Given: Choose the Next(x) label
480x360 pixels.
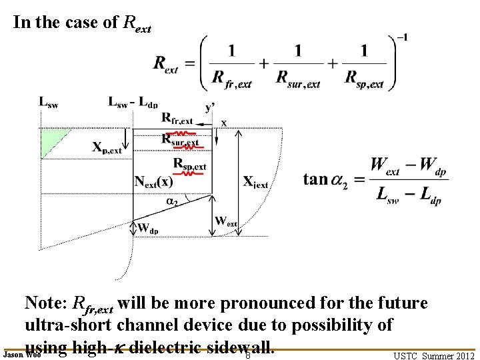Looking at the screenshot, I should click(155, 181).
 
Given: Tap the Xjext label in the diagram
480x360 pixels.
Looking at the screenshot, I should click(255, 182).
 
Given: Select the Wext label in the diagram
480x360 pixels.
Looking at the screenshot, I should click(226, 221).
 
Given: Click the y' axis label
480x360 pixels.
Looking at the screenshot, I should click(210, 107).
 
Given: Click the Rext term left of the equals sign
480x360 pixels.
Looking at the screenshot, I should click(166, 64).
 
